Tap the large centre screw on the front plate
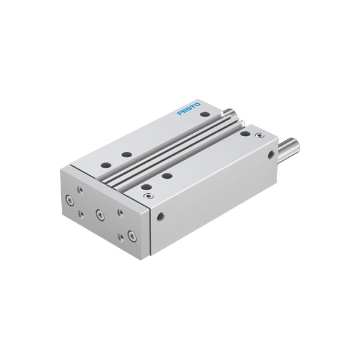[100, 214]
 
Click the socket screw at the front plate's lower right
[132, 236]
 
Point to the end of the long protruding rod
[295, 145]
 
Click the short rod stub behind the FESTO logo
[229, 112]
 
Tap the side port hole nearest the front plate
[160, 216]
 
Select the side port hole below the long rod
[272, 154]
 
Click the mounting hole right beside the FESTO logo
[205, 114]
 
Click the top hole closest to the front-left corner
[106, 164]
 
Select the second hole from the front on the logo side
[127, 154]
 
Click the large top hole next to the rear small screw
[245, 133]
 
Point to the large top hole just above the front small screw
[146, 187]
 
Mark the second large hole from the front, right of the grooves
[167, 176]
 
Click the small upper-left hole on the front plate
[80, 189]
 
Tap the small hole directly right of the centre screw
[120, 212]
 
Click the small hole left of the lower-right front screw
[121, 236]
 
